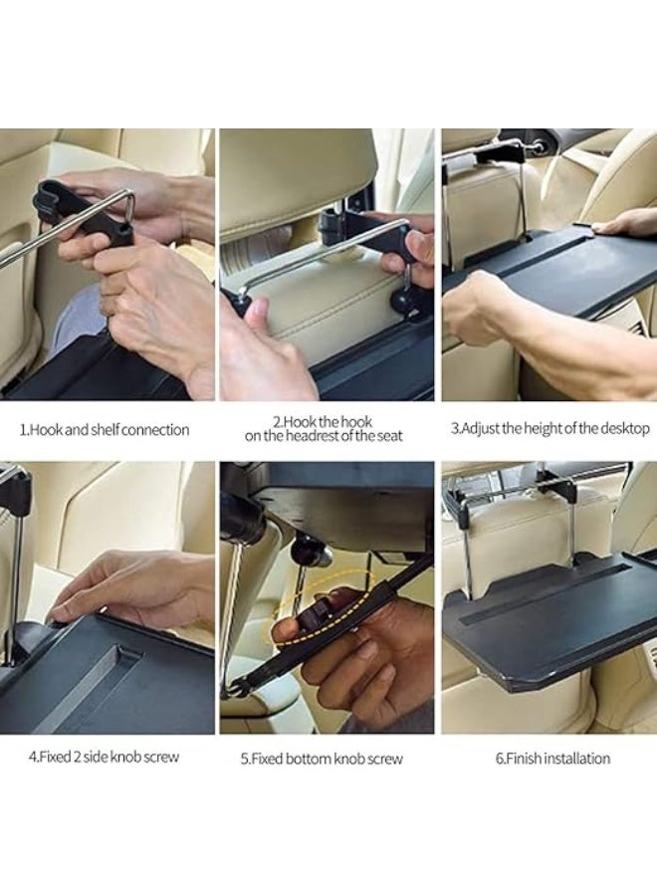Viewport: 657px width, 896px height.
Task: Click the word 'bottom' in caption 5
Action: pos(315,759)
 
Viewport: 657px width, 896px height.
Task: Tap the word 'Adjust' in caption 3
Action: pos(481,429)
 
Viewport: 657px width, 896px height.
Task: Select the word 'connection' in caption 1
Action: pos(155,430)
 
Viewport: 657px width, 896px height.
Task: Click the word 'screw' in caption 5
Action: pos(384,759)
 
